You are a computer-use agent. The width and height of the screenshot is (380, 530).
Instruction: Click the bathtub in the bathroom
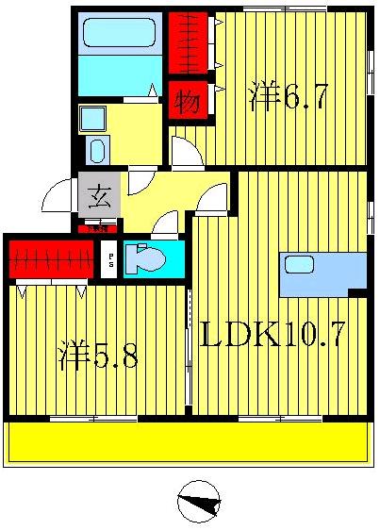click(119, 34)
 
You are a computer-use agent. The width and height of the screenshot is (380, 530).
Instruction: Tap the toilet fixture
click(142, 258)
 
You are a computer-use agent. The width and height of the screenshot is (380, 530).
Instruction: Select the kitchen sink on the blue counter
click(299, 265)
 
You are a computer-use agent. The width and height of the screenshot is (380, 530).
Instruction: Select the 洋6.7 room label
click(289, 97)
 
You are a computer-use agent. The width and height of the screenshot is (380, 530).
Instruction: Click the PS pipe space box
click(110, 259)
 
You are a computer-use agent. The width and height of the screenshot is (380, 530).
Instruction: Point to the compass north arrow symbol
click(199, 501)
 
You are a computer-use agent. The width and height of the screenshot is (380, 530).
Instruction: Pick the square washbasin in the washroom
click(92, 118)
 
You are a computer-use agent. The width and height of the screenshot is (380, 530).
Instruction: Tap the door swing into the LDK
click(213, 198)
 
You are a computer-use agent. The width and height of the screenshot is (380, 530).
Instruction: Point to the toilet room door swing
click(165, 224)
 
